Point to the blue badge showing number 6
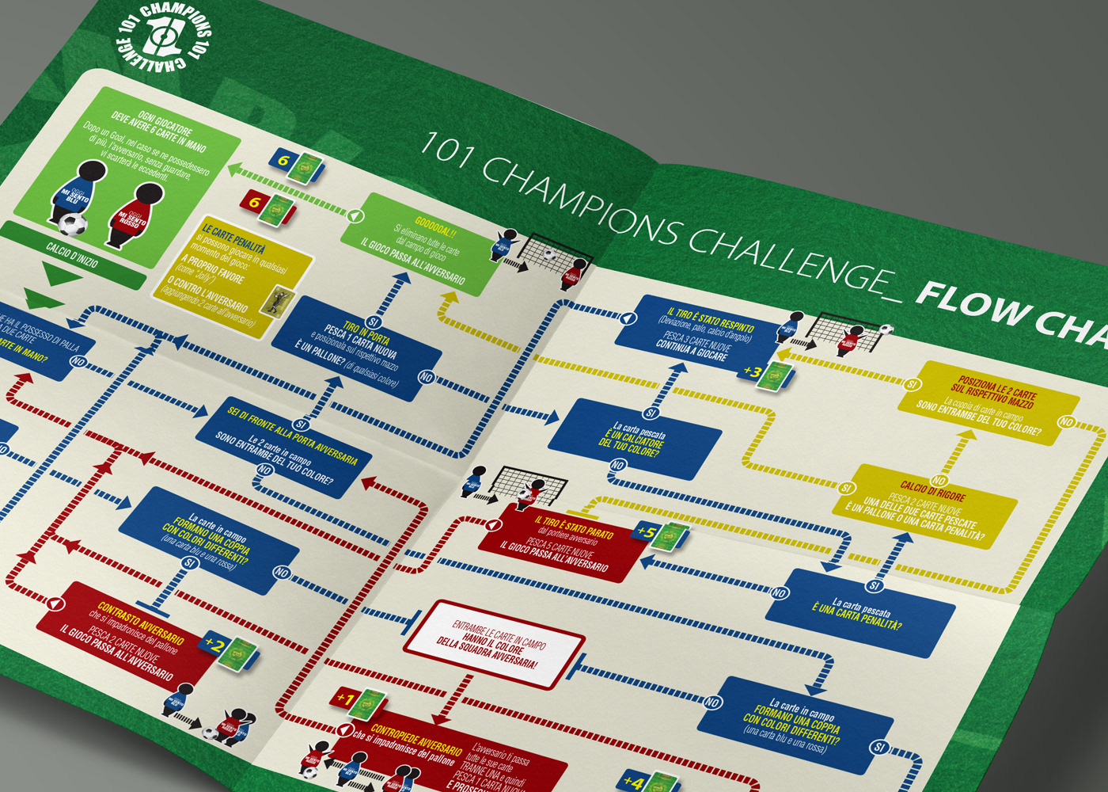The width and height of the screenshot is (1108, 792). click(x=283, y=161)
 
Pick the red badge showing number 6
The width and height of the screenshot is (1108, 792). click(x=254, y=203)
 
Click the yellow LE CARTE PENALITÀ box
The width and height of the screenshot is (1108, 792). click(x=230, y=273)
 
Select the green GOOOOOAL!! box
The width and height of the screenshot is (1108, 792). click(x=419, y=246)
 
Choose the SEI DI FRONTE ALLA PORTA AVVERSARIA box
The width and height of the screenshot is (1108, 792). click(x=285, y=447)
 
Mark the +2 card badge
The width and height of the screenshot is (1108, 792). click(x=214, y=645)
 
